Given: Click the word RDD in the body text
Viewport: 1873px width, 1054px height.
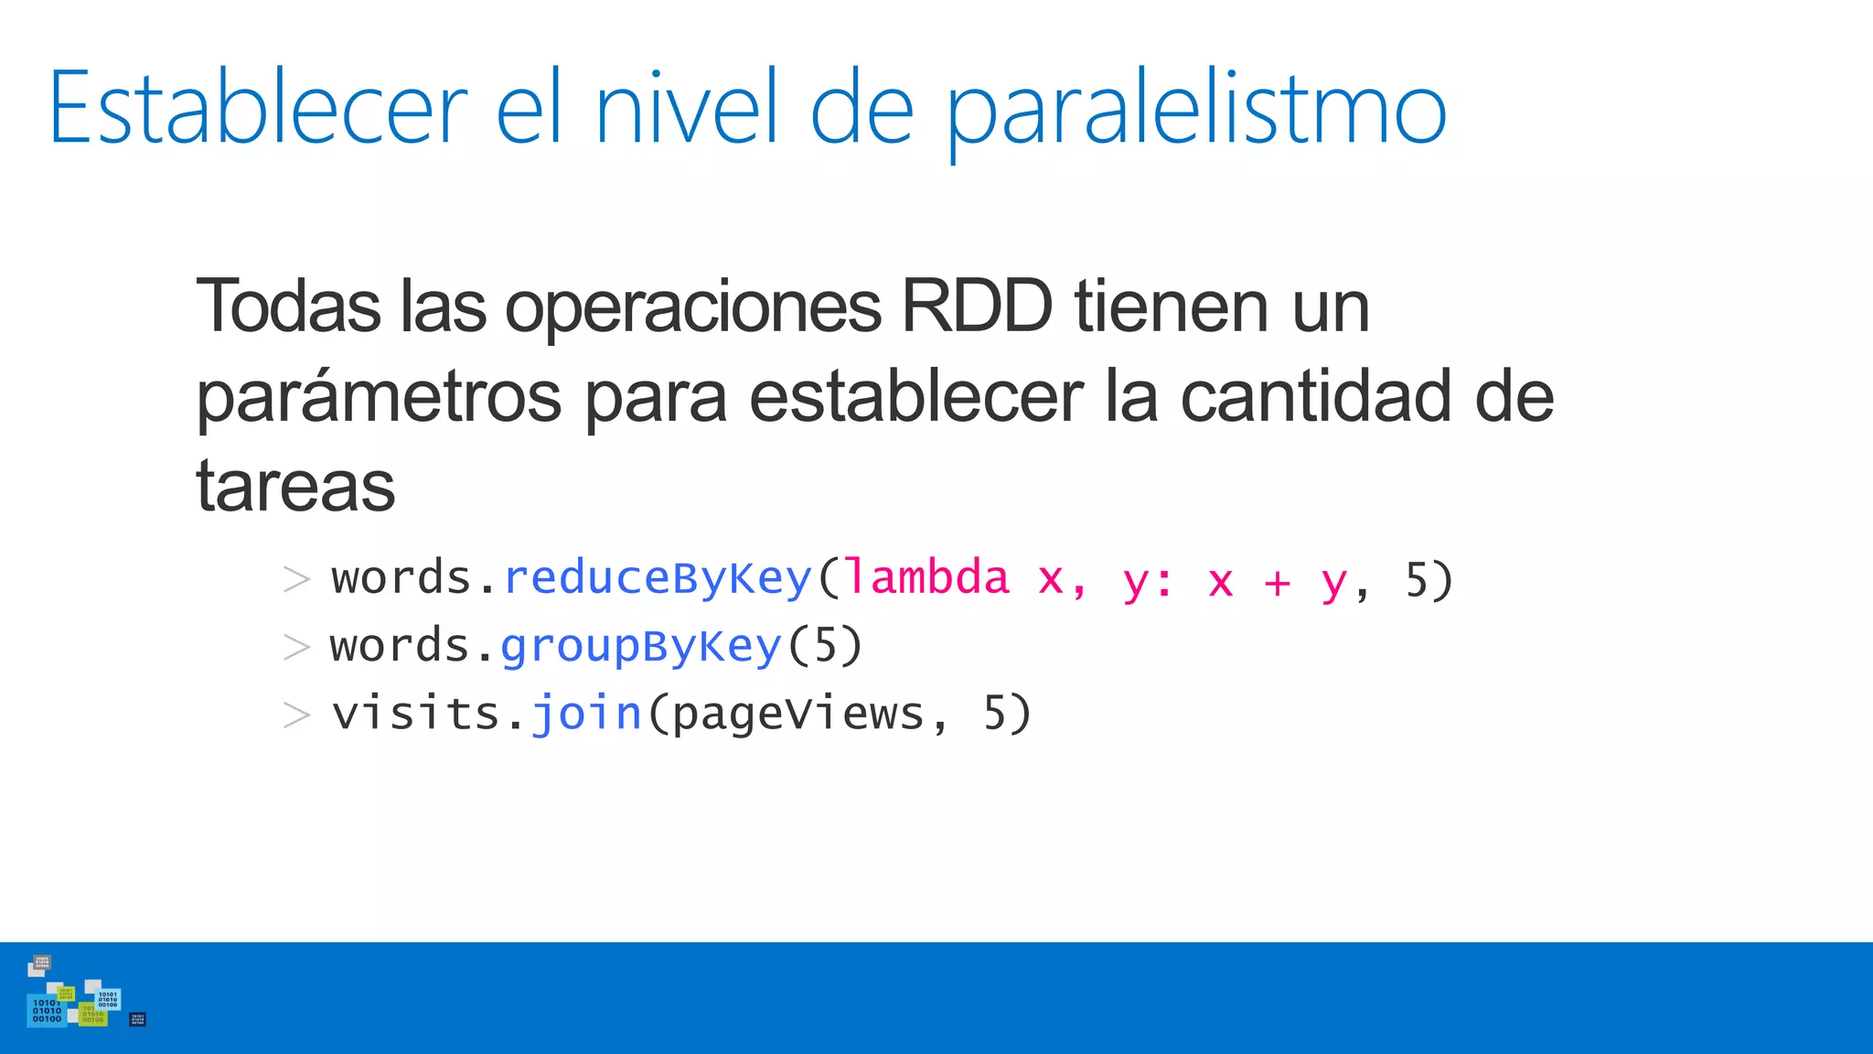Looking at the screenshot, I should pos(976,307).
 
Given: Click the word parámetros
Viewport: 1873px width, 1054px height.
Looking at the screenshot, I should pos(379,398).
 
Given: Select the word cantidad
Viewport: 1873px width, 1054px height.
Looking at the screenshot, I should pos(1316,396).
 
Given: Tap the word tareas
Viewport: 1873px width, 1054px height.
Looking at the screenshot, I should pos(295,486).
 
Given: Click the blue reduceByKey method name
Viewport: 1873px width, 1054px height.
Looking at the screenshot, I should pos(658,579).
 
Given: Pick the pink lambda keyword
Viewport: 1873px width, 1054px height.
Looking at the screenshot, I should pos(926,579).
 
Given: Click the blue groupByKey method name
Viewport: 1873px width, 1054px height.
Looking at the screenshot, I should pos(640,647).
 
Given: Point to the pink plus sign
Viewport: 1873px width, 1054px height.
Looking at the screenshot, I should pos(1277,582).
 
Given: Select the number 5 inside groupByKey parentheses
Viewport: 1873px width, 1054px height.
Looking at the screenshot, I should pos(825,647).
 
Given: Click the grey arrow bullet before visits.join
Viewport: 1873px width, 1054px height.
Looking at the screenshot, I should pos(296,715).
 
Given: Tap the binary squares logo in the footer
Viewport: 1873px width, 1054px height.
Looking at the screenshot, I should pos(82,998).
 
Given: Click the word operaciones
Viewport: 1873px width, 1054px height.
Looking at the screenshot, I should pos(693,307).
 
